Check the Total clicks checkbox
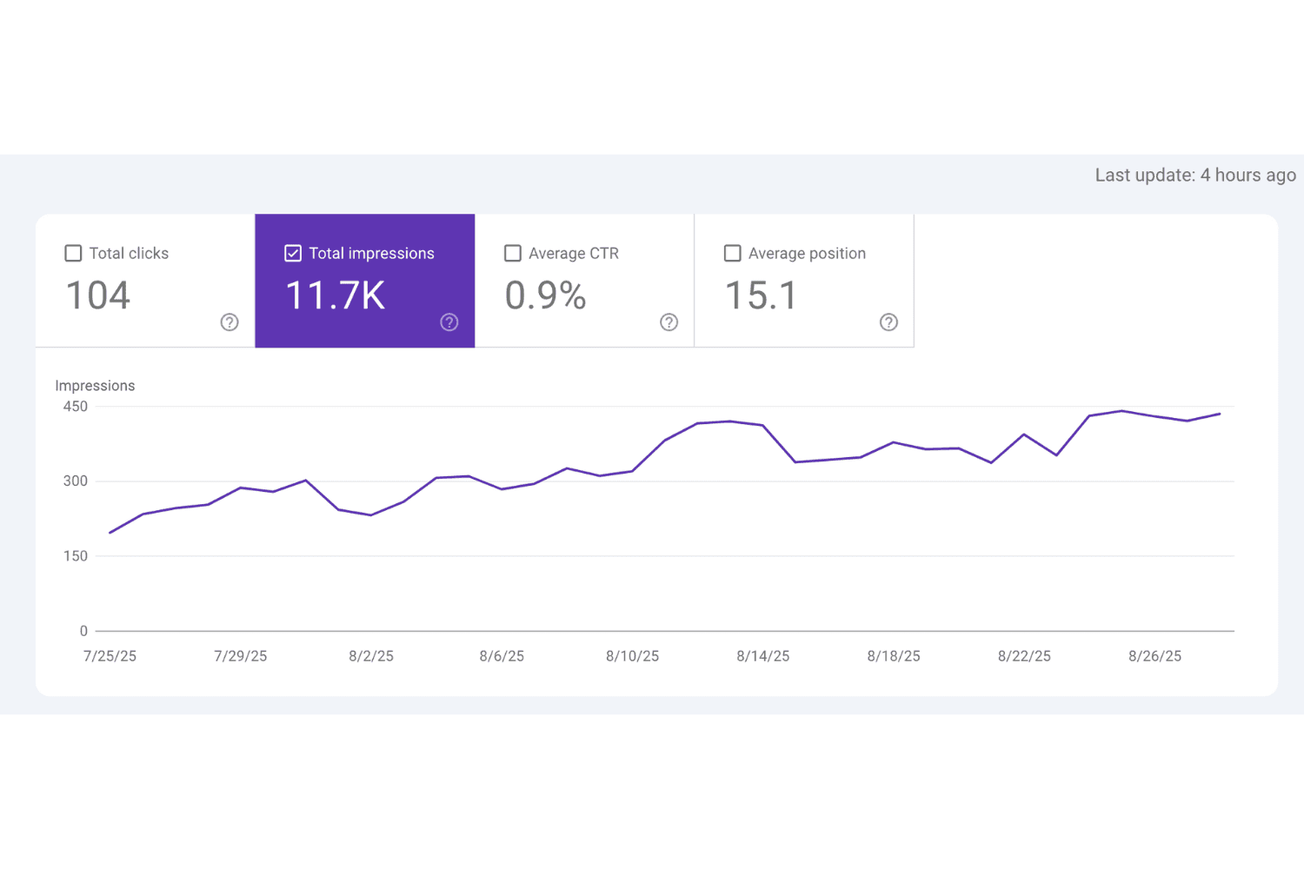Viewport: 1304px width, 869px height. (x=74, y=253)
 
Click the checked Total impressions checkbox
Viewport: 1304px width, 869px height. (x=293, y=253)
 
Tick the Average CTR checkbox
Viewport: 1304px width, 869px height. (x=513, y=253)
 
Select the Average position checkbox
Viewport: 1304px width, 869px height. (x=733, y=253)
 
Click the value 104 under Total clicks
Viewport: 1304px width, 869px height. (x=98, y=295)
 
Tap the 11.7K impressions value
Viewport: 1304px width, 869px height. (x=336, y=295)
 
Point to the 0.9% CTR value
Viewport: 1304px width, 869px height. (x=546, y=295)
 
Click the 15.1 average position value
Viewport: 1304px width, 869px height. (x=761, y=295)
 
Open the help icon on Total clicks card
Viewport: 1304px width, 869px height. (x=230, y=322)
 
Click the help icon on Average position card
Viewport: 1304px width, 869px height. (x=888, y=322)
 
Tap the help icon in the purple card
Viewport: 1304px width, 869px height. (x=449, y=322)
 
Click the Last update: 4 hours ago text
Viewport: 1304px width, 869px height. (x=1195, y=176)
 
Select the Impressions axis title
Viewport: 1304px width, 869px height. (x=95, y=386)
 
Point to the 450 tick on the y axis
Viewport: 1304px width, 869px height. (x=76, y=407)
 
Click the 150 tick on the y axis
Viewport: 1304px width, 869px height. (x=76, y=556)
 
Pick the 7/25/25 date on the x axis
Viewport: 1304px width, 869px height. (x=110, y=656)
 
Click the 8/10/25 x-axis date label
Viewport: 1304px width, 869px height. (x=632, y=656)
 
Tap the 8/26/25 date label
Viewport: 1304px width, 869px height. (x=1154, y=656)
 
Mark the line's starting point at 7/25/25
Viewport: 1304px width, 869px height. (x=110, y=533)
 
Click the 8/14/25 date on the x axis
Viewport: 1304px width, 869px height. (x=762, y=656)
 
